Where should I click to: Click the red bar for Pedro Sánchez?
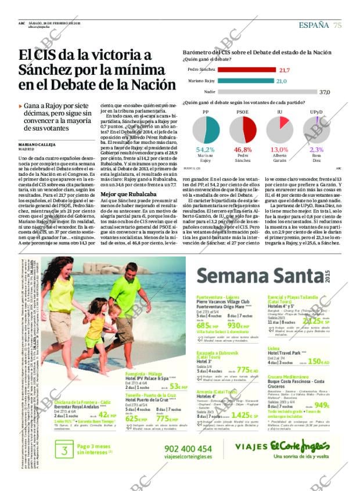point(239,70)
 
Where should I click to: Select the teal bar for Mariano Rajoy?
point(237,81)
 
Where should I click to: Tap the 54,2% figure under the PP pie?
point(206,149)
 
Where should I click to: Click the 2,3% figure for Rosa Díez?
point(316,149)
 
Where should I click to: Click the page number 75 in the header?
point(337,24)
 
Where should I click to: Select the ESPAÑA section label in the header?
point(314,24)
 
